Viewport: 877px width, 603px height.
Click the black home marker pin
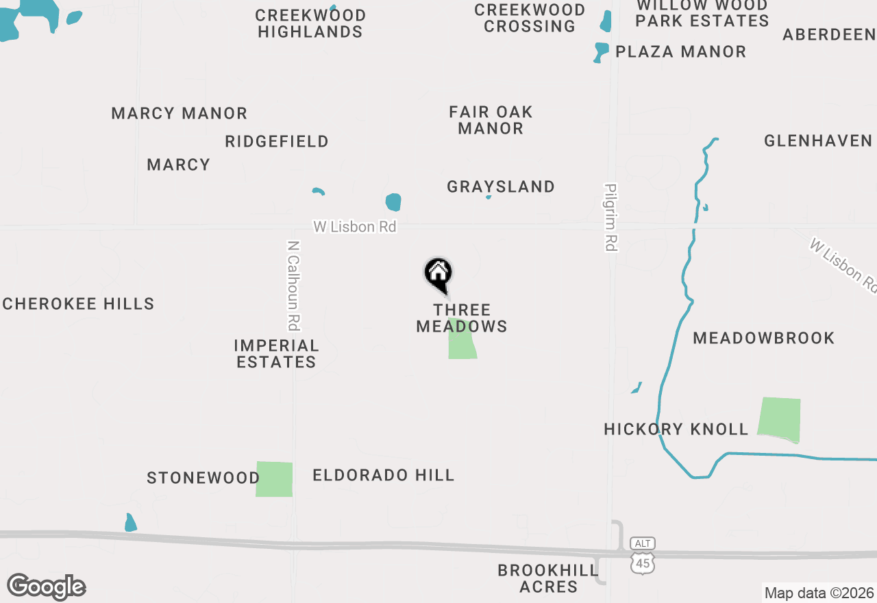click(438, 274)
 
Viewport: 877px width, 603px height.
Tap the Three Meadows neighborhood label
click(462, 318)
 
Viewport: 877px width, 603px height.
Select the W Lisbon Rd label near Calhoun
click(355, 227)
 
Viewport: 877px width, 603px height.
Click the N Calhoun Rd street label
click(294, 285)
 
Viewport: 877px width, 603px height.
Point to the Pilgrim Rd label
click(611, 217)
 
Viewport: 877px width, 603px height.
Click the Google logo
click(47, 587)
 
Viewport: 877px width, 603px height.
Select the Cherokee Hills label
click(78, 304)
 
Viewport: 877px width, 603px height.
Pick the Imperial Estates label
click(276, 354)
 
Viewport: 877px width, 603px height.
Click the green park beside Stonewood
click(274, 479)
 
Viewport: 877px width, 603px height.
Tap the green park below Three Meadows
click(462, 340)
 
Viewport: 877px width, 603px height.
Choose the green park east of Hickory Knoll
click(779, 419)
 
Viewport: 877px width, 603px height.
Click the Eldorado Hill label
click(383, 475)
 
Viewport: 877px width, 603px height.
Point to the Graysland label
click(501, 186)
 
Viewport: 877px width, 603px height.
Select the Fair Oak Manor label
click(491, 120)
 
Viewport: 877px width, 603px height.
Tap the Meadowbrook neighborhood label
click(763, 338)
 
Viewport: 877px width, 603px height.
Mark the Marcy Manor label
click(179, 113)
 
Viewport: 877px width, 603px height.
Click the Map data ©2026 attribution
click(819, 593)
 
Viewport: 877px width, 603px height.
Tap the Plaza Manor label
click(680, 51)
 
